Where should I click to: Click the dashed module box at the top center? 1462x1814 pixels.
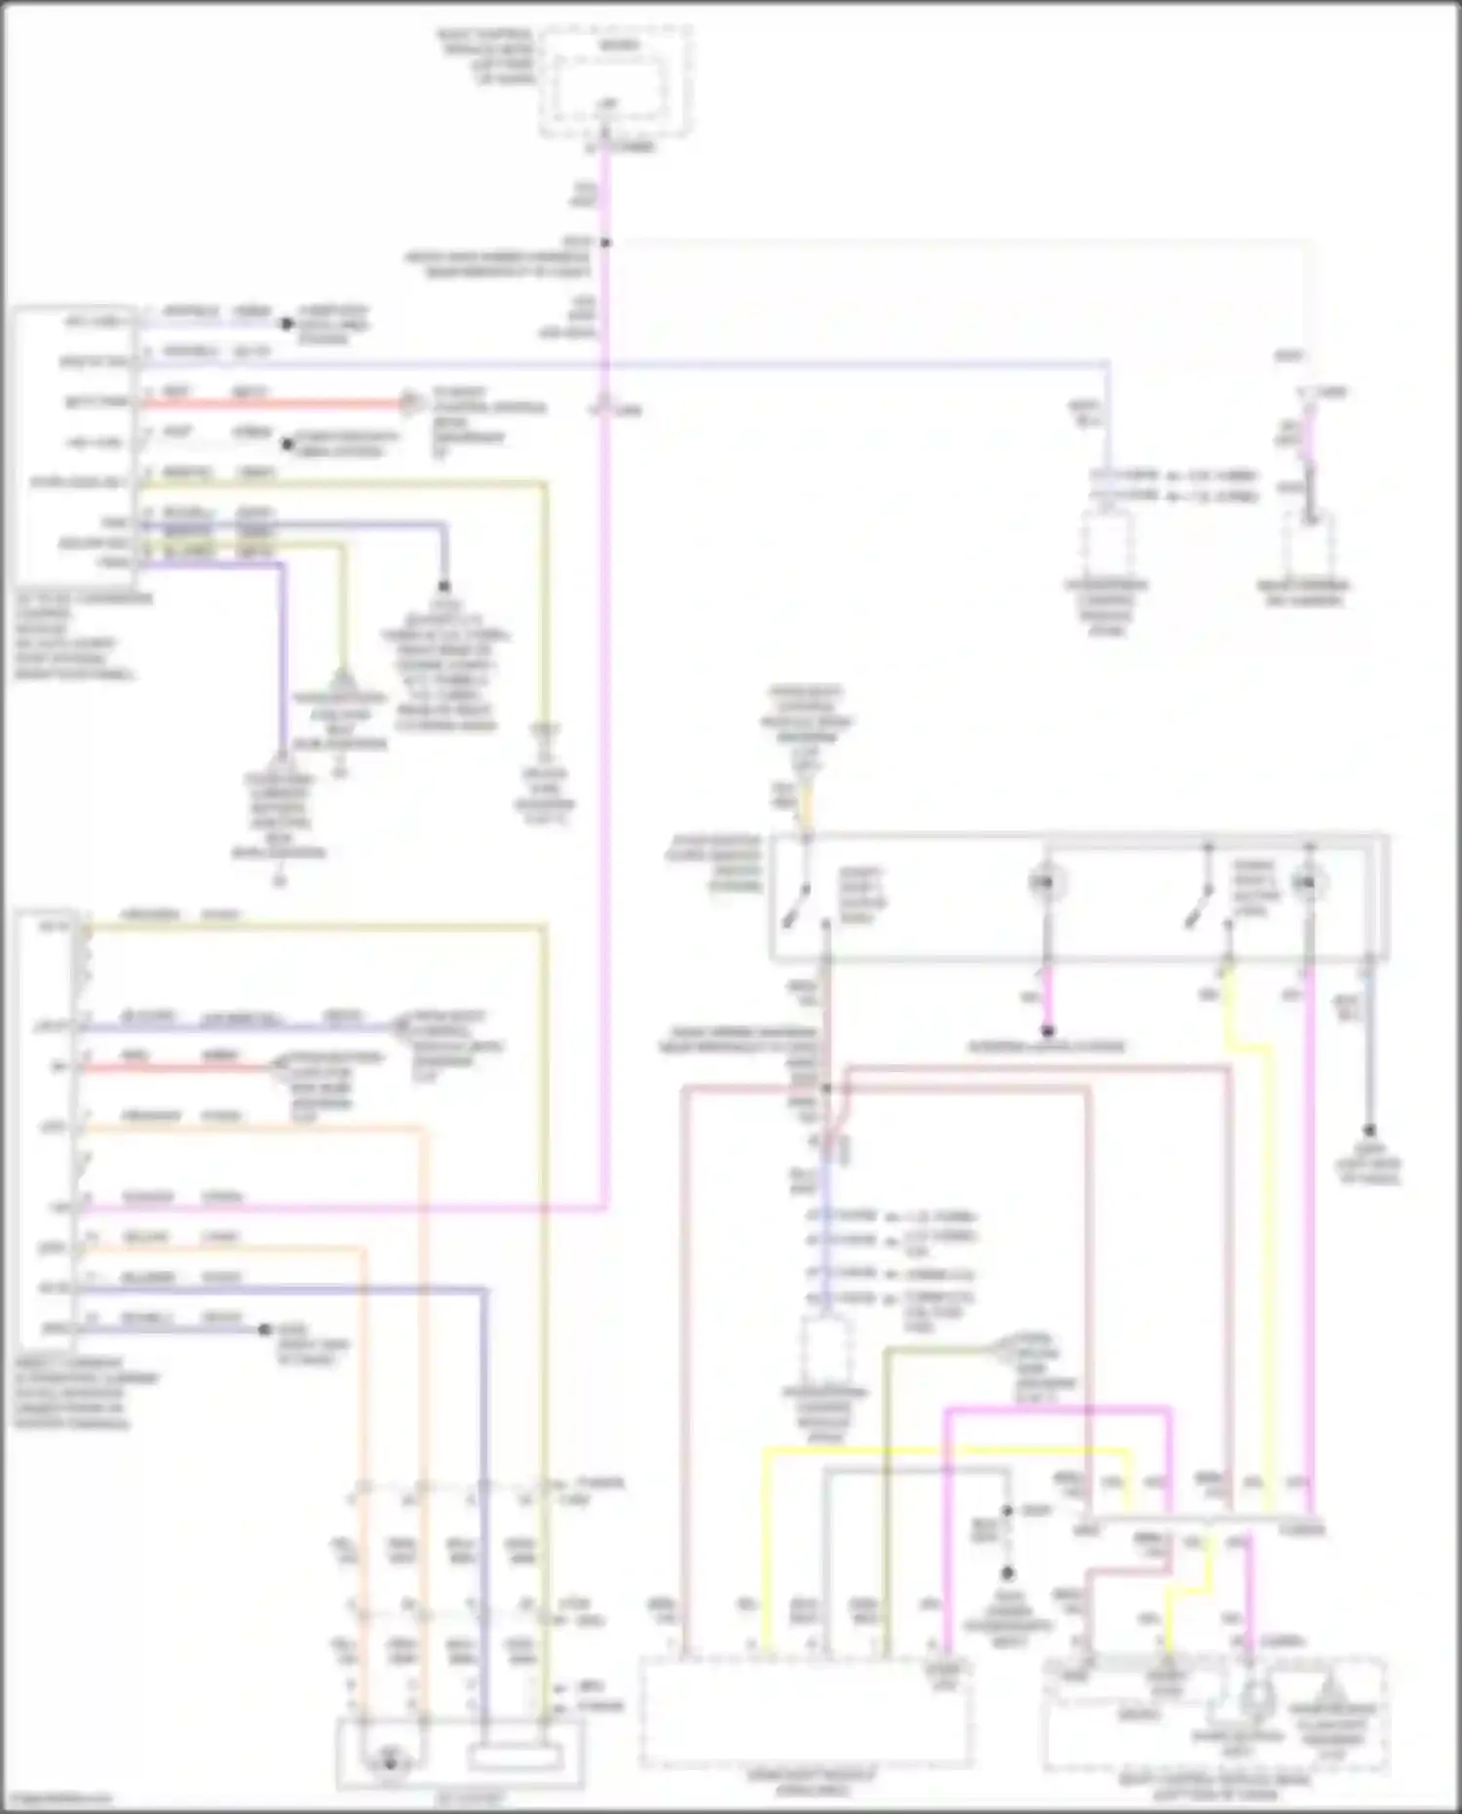617,83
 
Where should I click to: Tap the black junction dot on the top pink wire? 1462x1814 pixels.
605,243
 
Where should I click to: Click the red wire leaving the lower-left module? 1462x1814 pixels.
175,1068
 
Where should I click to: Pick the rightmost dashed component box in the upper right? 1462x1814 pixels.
1308,546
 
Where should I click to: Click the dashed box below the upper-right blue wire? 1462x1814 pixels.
1107,546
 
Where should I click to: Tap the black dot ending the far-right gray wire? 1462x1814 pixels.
1368,1131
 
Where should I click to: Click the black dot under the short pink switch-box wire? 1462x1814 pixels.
1048,1030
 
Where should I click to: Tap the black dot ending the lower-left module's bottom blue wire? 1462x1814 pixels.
264,1330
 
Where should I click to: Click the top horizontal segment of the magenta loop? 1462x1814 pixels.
1058,1409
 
